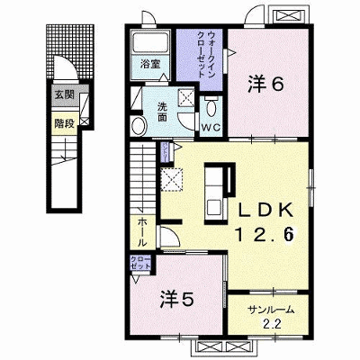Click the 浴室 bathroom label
[x=150, y=64]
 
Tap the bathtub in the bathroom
[x=150, y=42]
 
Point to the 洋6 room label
[x=265, y=85]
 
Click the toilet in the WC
[x=211, y=107]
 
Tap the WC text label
[x=211, y=128]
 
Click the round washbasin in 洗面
[x=139, y=126]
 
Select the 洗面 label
[x=162, y=112]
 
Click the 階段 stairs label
[x=65, y=123]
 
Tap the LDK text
[x=265, y=211]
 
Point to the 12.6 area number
[x=265, y=234]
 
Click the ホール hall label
[x=142, y=232]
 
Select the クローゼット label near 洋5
[x=140, y=263]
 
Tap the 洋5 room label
[x=176, y=300]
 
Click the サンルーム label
[x=271, y=310]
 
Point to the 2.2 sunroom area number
[x=272, y=324]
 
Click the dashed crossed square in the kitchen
[x=172, y=180]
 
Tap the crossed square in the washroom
[x=186, y=97]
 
